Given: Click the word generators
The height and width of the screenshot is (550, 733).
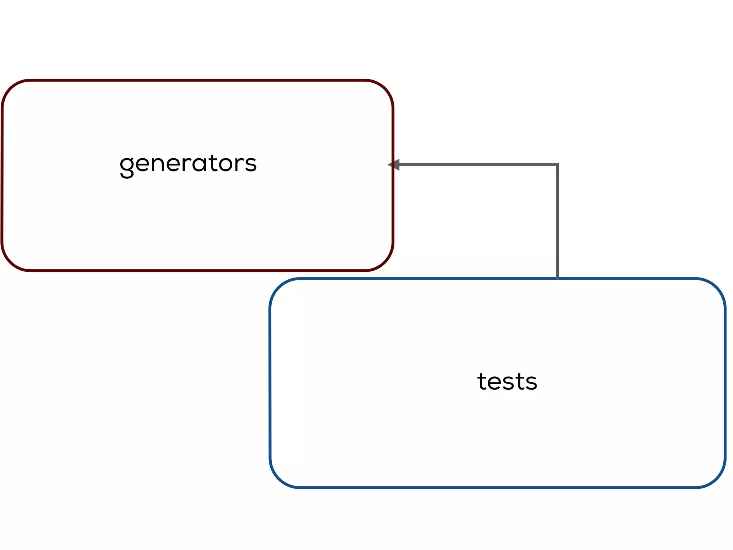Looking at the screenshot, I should pos(188,164).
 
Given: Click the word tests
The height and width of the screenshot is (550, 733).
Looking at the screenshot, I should pos(507,381).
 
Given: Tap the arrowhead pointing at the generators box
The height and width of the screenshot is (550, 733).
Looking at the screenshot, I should pos(394,165).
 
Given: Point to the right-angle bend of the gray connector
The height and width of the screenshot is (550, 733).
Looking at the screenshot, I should pos(557,165).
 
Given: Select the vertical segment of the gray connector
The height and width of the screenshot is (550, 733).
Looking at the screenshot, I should pos(557,222).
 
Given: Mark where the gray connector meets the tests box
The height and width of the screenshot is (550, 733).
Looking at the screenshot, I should pos(557,278).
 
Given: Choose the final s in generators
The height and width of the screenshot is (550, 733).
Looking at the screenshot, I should pos(251,164).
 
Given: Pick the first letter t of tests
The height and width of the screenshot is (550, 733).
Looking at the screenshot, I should pos(482,381).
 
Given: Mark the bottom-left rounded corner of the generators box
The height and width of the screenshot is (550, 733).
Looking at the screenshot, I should pos(11,262).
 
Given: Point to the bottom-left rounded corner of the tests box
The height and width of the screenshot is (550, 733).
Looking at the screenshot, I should pos(279,478).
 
